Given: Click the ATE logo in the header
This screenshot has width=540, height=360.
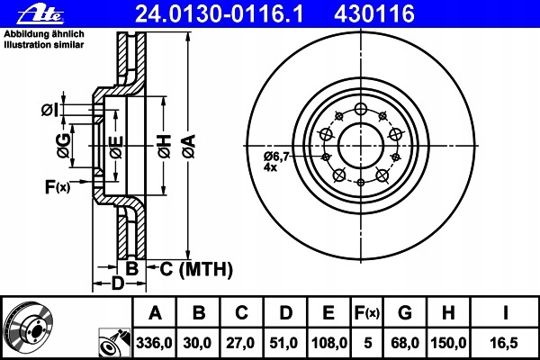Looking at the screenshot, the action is click(40, 14).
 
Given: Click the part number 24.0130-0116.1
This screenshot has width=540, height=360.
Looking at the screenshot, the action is click(220, 14).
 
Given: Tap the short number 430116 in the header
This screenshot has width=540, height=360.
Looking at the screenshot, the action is click(374, 14).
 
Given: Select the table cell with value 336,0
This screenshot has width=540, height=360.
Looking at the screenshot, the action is click(154, 343).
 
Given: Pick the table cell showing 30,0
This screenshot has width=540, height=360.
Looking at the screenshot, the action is click(197, 343).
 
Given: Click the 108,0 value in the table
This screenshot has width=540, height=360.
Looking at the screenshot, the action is click(329, 343).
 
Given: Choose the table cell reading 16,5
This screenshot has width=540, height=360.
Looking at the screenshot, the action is click(504, 343).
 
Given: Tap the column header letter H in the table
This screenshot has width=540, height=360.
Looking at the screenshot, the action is click(448, 313).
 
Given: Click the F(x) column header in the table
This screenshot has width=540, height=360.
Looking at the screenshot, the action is click(367, 313).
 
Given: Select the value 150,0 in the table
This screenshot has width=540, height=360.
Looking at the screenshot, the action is click(448, 343).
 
